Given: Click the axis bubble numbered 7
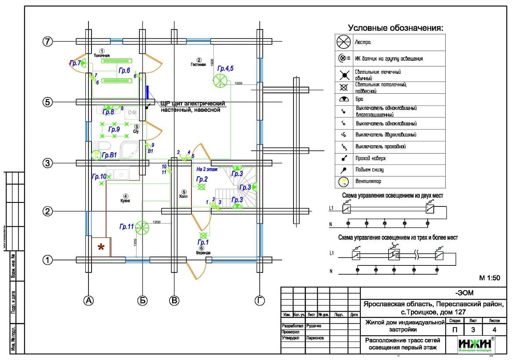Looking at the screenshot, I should coord(48,41).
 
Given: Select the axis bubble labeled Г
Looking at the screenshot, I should coord(260,301).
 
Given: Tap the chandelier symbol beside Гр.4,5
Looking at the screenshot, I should coord(220,81).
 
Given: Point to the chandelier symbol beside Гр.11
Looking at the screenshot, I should coord(142,227).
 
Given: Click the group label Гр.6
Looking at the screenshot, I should coord(124,70).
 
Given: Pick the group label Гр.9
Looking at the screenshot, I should coord(114,129).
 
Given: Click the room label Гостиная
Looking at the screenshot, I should coord(198,64).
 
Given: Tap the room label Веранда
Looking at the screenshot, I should coord(203,253).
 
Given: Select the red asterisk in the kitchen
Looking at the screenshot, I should coord(101,247).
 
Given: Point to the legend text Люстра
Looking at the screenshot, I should coord(363,42).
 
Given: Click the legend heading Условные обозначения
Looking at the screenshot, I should coord(396,28).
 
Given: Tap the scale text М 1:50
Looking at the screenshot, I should coord(490,278).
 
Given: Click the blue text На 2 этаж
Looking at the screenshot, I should coord(207,169).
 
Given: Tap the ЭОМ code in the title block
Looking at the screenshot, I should coord(464,293).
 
